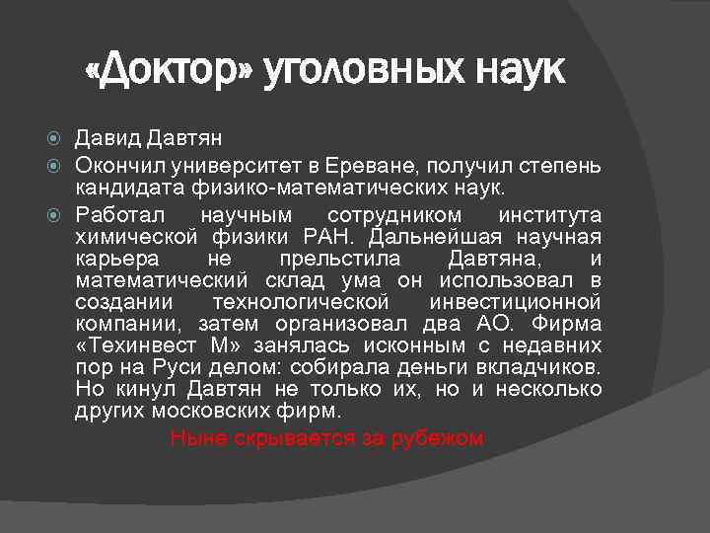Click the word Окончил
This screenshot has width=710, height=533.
pyautogui.click(x=117, y=163)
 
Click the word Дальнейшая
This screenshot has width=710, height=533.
pyautogui.click(x=439, y=237)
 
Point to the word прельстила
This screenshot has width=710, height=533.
pyautogui.click(x=340, y=260)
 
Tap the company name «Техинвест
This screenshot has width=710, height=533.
pyautogui.click(x=140, y=346)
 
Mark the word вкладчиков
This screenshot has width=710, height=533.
pyautogui.click(x=543, y=368)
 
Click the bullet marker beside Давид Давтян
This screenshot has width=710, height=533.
pyautogui.click(x=59, y=138)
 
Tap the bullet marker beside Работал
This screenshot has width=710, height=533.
pyautogui.click(x=59, y=214)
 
